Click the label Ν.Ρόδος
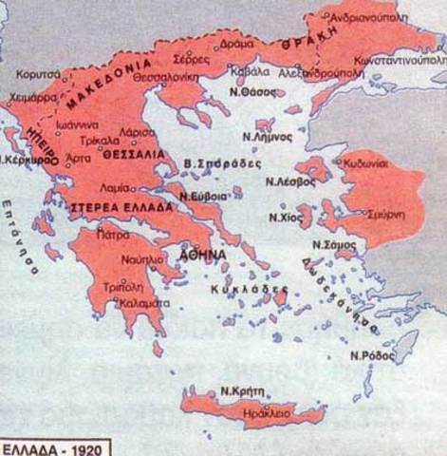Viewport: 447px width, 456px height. coord(371,355)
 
